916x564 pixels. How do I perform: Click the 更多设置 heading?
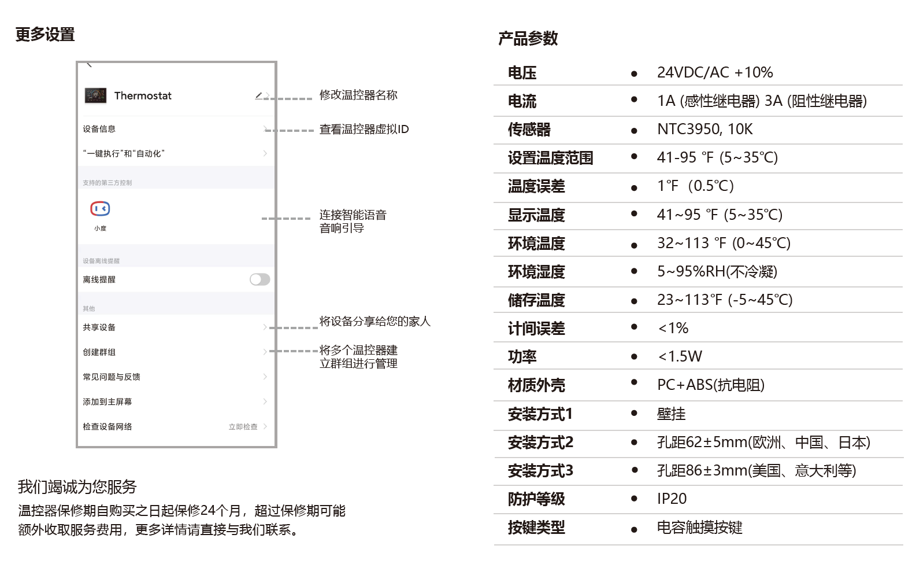45,34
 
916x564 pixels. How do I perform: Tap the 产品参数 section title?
528,39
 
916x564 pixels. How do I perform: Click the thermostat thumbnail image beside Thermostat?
95,96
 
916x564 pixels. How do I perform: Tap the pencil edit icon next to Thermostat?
258,96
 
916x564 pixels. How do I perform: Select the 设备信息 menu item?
99,129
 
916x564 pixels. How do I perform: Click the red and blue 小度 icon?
100,209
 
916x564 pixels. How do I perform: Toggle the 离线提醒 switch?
260,279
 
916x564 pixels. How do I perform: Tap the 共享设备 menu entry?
99,327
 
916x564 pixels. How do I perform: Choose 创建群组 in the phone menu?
99,352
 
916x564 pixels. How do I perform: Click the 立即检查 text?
243,427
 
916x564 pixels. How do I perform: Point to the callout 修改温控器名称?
358,95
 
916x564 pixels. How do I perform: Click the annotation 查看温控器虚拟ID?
364,130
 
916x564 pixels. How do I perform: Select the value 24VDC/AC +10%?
715,72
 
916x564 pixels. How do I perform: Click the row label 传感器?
529,130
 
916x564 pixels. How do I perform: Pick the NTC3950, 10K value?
704,130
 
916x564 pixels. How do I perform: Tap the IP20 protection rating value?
672,499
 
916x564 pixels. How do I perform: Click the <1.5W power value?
680,356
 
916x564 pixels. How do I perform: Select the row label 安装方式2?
540,443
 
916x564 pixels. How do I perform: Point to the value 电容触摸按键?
699,527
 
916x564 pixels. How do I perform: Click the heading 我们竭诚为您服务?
77,486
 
